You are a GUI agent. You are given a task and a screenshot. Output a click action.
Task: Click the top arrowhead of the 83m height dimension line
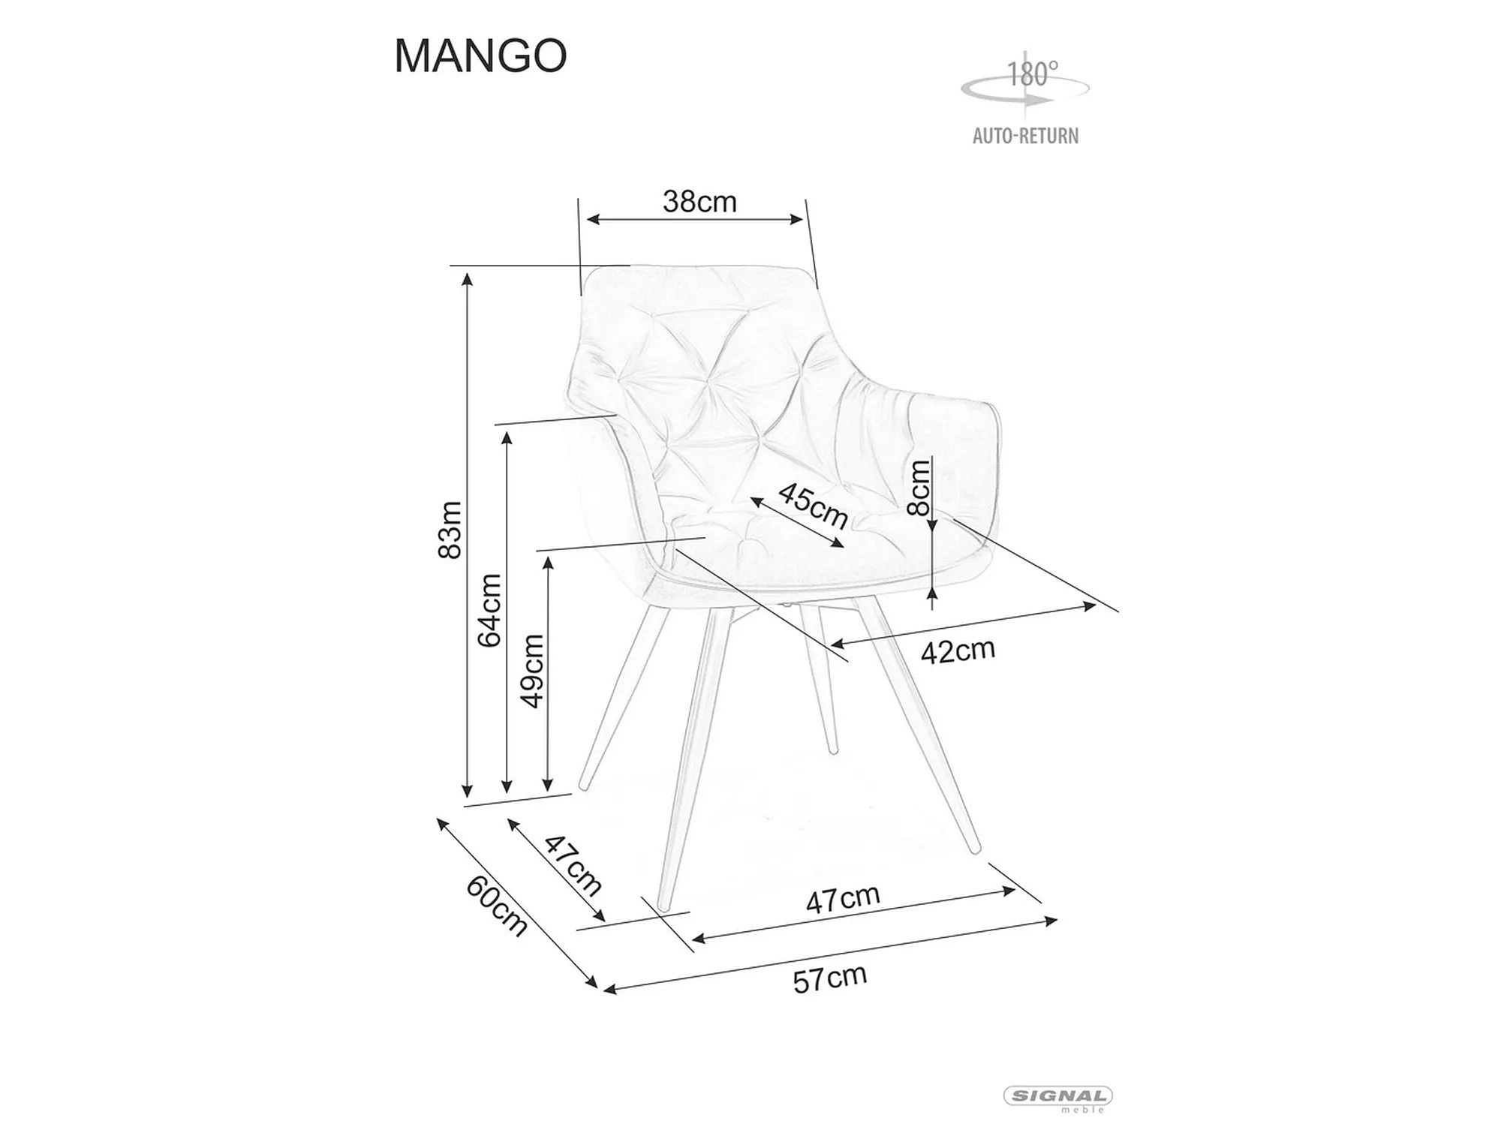pyautogui.click(x=467, y=279)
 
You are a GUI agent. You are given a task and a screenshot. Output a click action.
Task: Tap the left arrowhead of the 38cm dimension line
pyautogui.click(x=593, y=219)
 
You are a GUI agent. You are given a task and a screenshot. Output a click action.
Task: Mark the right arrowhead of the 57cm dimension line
pyautogui.click(x=1051, y=920)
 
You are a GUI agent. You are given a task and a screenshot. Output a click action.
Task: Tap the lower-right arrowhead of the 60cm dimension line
pyautogui.click(x=591, y=982)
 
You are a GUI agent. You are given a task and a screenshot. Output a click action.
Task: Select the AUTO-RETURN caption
pyautogui.click(x=1026, y=136)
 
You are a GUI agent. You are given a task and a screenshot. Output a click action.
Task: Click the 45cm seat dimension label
pyautogui.click(x=814, y=505)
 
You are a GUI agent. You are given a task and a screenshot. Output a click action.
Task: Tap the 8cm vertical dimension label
pyautogui.click(x=919, y=488)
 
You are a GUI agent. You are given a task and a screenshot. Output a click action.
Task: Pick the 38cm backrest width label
pyautogui.click(x=699, y=202)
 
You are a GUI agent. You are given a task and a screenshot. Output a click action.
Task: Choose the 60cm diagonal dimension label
pyautogui.click(x=497, y=906)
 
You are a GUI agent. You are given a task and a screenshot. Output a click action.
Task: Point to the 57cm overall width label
pyautogui.click(x=830, y=978)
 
